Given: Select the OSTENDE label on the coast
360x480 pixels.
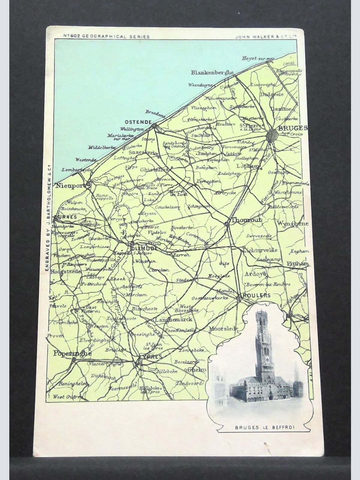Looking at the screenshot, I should point(138,122).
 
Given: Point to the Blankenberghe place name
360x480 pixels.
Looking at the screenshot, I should point(212,72).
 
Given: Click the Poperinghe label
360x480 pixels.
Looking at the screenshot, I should point(72,353).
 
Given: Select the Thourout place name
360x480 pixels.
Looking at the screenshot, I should point(246,220).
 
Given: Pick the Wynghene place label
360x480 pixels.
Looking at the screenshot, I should point(288,223).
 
